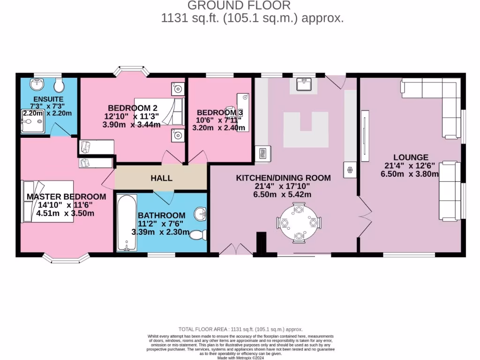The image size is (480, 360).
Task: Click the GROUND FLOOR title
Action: coord(239,6)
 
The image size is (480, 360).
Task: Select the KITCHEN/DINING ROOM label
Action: coord(283,178)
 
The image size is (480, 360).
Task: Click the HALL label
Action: coord(161,178)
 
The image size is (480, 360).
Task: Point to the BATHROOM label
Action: coord(161,215)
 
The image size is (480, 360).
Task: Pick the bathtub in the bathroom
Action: coord(126,223)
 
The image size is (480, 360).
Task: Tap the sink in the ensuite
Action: coord(37,84)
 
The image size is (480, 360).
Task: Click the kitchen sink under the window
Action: coord(303,85)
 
